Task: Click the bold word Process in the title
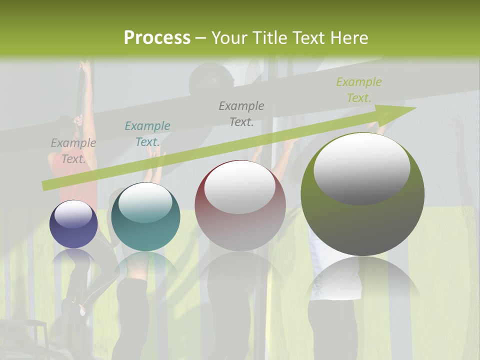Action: (157, 38)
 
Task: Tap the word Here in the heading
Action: (348, 38)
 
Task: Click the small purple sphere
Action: (73, 224)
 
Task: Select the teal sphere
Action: (145, 217)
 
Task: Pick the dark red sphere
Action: (240, 206)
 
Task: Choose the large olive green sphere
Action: (362, 194)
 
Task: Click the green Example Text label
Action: (359, 90)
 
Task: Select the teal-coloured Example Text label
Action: (147, 134)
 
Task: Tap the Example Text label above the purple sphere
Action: (73, 151)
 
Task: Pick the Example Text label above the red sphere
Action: (241, 113)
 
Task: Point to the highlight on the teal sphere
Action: (145, 202)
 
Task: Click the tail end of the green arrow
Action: (44, 186)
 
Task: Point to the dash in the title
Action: (201, 38)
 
